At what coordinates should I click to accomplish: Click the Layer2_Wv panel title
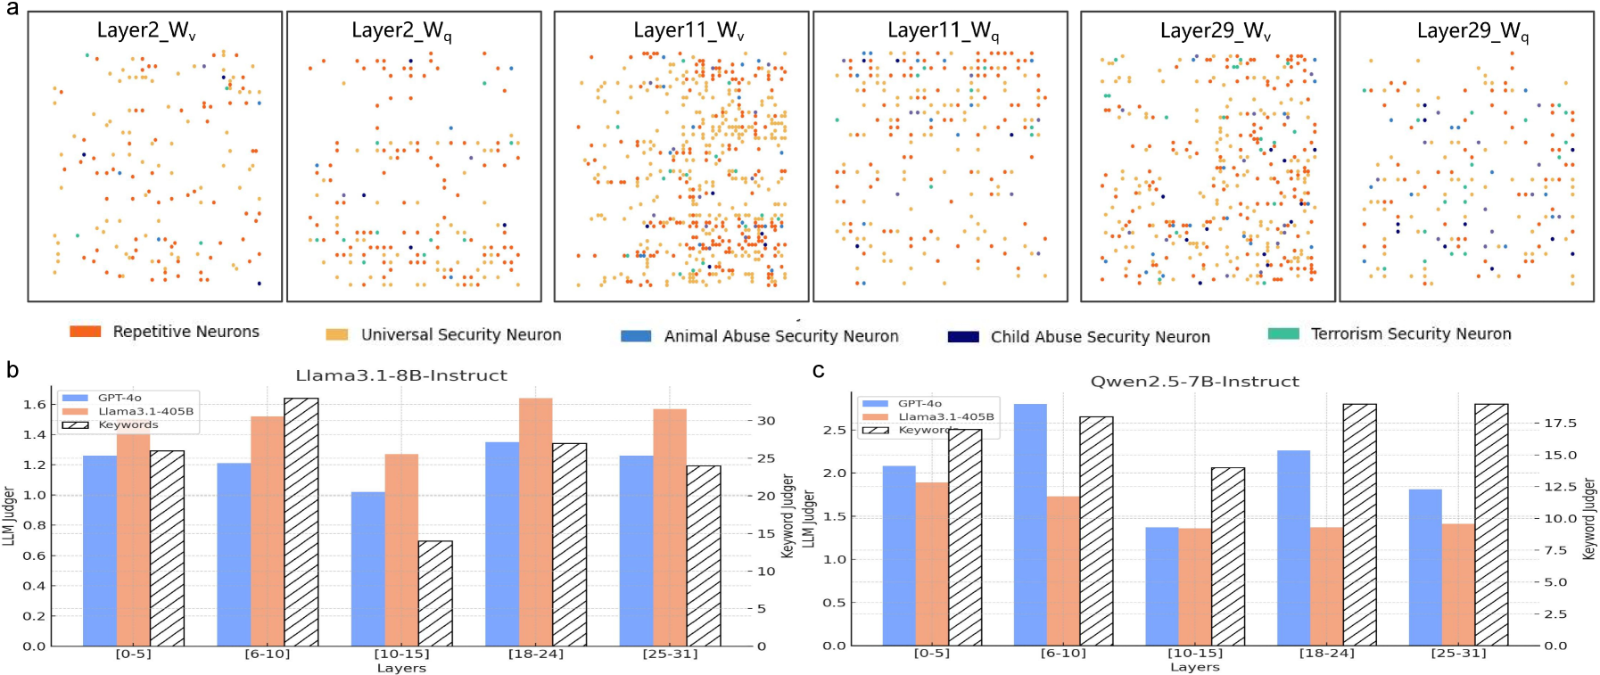click(146, 31)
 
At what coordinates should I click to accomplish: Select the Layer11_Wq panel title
click(943, 31)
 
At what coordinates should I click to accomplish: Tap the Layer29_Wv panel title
click(1215, 31)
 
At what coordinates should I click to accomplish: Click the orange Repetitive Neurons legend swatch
click(85, 332)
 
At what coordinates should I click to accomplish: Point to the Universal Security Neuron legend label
click(461, 335)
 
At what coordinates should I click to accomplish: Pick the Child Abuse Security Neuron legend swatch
click(963, 337)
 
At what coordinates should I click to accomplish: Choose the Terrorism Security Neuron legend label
click(1411, 334)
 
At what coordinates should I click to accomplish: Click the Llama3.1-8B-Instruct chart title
click(401, 375)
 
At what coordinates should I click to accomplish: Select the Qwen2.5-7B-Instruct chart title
click(1194, 382)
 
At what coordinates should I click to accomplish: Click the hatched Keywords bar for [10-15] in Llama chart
click(435, 593)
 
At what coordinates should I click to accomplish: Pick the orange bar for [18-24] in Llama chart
click(536, 522)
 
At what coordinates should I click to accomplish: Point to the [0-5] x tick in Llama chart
click(134, 654)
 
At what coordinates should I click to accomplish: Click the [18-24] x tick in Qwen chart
click(1326, 653)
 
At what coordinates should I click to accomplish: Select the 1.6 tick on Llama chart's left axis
click(35, 405)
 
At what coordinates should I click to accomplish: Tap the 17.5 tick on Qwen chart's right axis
click(1560, 424)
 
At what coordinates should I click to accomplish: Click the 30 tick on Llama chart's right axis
click(766, 421)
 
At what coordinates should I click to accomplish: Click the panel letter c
click(818, 371)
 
